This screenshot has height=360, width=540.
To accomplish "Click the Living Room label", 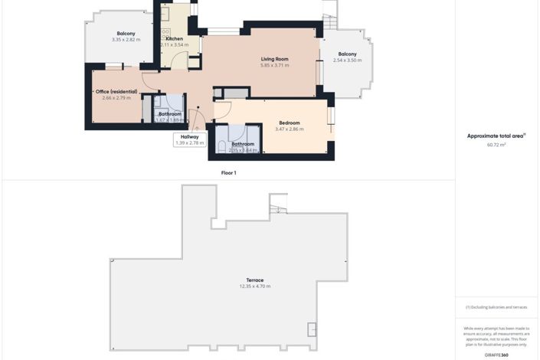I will pos(274,59).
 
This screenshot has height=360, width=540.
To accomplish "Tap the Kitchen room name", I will pos(174,38).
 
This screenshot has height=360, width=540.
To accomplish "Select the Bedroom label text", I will pos(289,123).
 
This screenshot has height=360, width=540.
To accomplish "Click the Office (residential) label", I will pos(116,92).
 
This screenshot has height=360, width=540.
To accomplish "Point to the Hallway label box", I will pos(189,139).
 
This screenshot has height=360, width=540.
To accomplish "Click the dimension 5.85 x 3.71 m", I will pos(274,66).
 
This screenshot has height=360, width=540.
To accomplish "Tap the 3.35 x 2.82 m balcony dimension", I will pos(126,39).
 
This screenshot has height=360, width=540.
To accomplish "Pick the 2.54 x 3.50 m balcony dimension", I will pos(347,60).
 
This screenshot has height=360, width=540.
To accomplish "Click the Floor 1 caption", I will pos(228,173).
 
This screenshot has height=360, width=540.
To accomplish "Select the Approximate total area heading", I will pos(496,136).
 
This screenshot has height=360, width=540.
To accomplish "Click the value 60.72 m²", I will pos(496,144).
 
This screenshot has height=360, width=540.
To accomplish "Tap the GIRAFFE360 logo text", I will pos(496,355).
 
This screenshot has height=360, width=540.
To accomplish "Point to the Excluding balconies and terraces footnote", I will pos(496,307).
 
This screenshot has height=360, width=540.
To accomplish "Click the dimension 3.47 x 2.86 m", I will pos(289,129).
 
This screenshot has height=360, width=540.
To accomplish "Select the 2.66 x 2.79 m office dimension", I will pos(116,98).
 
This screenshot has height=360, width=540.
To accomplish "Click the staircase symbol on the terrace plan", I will pos(277,204).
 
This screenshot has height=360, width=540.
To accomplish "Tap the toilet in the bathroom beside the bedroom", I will pos(222,146).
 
